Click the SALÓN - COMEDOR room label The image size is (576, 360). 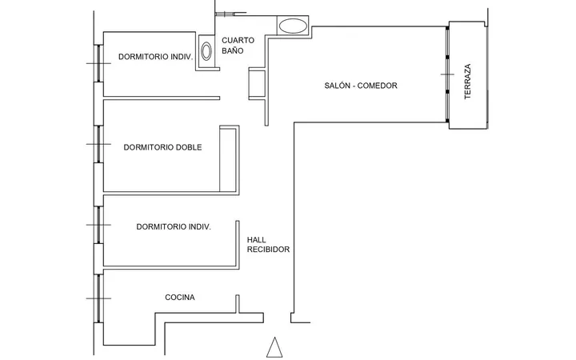[x=361, y=86]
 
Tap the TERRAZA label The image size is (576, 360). [x=467, y=82]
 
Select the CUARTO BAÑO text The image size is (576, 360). [x=238, y=46]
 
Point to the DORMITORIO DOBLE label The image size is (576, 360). [x=162, y=147]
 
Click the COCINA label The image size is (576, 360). [x=180, y=297]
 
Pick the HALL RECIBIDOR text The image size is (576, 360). [x=268, y=245]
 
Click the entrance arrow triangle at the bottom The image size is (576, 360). [x=274, y=347]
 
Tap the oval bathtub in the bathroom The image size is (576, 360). [x=293, y=26]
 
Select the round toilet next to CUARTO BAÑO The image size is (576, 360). [x=206, y=51]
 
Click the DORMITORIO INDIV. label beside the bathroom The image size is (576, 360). [x=156, y=57]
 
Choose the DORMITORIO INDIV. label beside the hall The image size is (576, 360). [x=174, y=227]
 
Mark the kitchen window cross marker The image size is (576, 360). [x=98, y=298]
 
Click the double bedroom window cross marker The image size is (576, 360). [x=98, y=144]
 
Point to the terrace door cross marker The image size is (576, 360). [x=447, y=74]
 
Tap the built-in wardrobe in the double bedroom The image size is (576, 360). [x=230, y=158]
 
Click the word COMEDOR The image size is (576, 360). [x=378, y=86]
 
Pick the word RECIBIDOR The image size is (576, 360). [x=268, y=250]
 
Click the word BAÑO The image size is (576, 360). [x=233, y=50]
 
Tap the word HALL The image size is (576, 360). [x=257, y=240]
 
